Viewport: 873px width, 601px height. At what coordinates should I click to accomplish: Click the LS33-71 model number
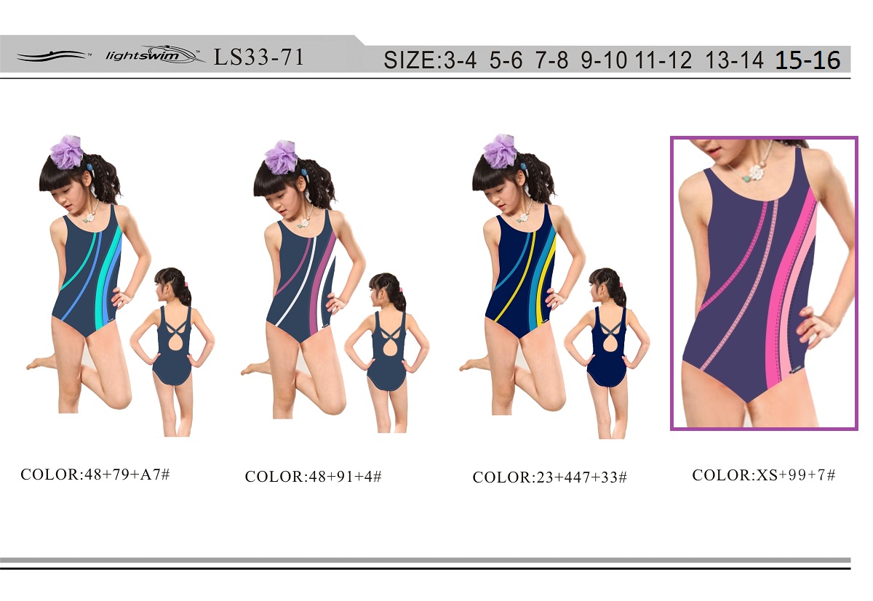click(x=259, y=57)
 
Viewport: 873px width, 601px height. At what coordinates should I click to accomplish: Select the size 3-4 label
click(x=460, y=60)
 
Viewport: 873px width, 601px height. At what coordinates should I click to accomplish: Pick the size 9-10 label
click(x=604, y=60)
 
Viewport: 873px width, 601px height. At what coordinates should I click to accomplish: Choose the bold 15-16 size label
click(x=808, y=60)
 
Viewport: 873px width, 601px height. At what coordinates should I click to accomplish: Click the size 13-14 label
click(x=734, y=60)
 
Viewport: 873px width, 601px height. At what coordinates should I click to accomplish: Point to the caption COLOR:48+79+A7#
click(x=95, y=475)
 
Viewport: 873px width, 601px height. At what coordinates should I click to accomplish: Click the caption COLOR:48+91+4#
click(x=314, y=477)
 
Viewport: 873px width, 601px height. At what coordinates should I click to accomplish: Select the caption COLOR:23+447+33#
click(x=549, y=477)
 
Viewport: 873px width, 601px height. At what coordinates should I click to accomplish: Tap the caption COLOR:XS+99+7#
click(x=763, y=475)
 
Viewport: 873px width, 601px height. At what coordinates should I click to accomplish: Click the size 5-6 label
click(x=506, y=60)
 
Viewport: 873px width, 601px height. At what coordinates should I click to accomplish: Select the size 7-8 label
click(x=551, y=60)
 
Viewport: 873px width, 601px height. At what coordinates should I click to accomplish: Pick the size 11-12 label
click(x=663, y=60)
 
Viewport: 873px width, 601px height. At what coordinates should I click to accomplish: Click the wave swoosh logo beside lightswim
click(x=52, y=56)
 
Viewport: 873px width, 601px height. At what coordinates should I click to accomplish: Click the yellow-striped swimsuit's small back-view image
click(x=607, y=352)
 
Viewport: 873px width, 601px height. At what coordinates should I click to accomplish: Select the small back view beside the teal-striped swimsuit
click(x=172, y=352)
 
